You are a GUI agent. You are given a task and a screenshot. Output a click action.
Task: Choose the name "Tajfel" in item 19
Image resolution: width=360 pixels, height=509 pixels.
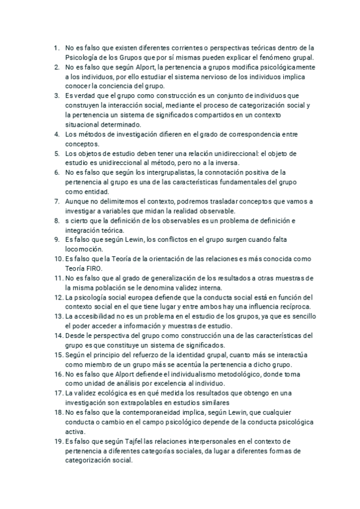136,441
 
